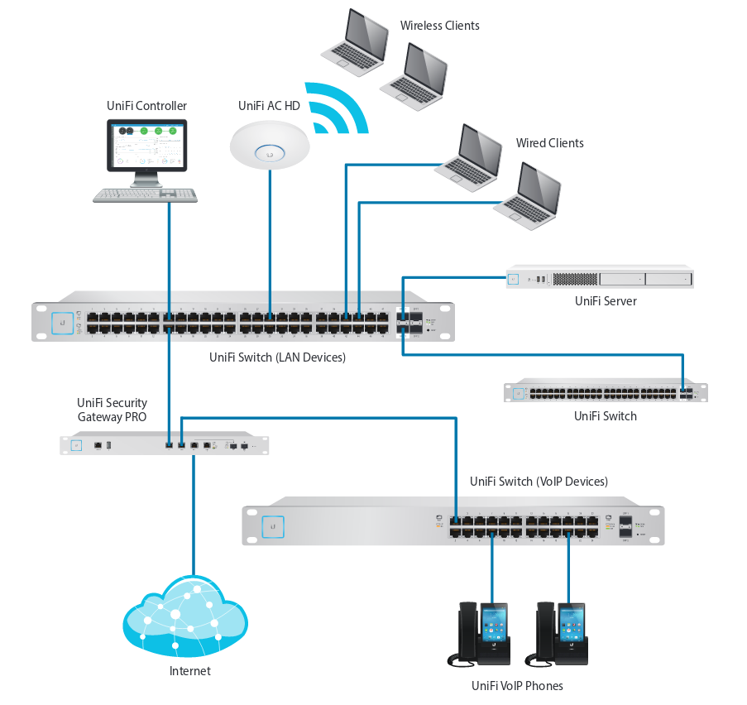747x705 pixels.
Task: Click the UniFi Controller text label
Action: [x=146, y=106]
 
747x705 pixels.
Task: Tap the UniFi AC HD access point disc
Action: [x=269, y=145]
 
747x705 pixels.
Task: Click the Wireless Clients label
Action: [x=439, y=26]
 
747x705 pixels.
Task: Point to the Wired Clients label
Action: [x=549, y=143]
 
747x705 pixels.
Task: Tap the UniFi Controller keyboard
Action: [x=145, y=195]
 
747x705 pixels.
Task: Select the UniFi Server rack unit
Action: [x=599, y=278]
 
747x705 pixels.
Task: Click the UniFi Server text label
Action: [x=606, y=301]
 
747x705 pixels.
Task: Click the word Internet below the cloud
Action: [x=189, y=671]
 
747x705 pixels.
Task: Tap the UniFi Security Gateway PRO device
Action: [x=165, y=445]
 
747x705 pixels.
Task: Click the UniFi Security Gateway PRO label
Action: [x=112, y=410]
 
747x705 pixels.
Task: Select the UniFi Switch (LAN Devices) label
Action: [x=277, y=357]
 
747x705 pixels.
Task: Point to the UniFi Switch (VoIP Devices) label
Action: [x=539, y=481]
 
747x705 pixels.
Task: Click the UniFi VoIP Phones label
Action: [x=517, y=686]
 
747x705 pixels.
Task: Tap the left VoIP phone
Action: [x=483, y=633]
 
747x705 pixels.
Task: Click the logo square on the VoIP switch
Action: [x=272, y=526]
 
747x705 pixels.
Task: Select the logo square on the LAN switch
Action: [x=60, y=323]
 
